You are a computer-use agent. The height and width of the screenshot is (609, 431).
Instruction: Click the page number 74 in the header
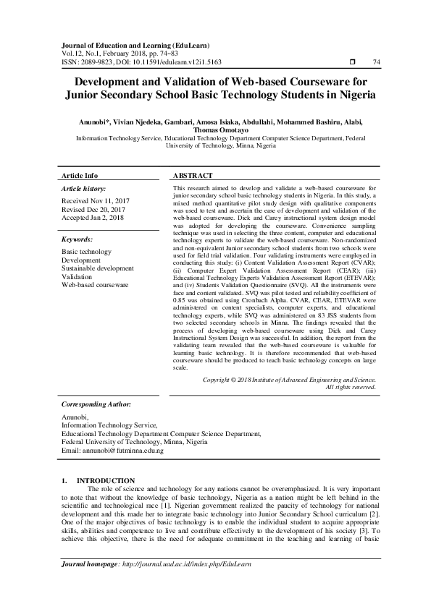point(375,62)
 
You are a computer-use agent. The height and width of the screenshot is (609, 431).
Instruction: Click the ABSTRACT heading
point(193,176)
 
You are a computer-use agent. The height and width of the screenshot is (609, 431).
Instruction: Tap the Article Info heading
point(80,176)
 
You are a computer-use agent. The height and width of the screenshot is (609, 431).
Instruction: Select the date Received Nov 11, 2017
point(96,200)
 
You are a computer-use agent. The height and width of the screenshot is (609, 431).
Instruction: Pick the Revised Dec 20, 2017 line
point(95,208)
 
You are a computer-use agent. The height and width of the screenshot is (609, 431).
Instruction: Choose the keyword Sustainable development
point(97,268)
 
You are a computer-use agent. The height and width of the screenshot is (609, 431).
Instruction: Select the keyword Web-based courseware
point(95,286)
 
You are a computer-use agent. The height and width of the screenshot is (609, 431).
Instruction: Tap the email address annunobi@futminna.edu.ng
point(122,451)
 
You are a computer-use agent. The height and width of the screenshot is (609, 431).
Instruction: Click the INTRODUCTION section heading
point(105,480)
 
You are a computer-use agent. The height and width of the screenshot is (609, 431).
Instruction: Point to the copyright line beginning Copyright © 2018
point(289,379)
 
